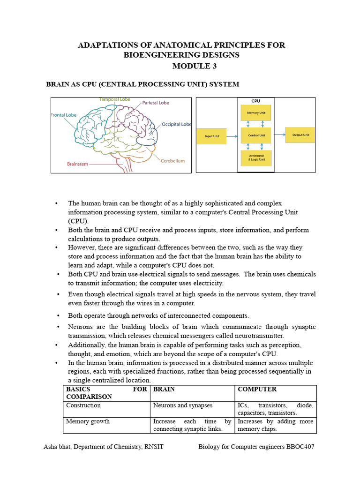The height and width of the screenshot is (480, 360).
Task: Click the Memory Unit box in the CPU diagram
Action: coord(256,113)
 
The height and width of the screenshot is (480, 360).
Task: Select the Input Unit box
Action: coord(211,136)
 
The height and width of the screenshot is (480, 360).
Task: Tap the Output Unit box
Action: coord(300,135)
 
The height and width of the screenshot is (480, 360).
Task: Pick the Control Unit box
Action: coord(256,135)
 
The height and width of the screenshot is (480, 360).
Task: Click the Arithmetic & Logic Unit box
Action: coord(256,158)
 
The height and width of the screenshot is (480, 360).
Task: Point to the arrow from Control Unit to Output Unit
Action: coord(278,135)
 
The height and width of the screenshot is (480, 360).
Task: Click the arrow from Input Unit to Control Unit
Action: coord(233,136)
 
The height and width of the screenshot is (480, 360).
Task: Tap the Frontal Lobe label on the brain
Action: coord(64,114)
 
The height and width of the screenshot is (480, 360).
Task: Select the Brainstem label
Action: coord(77,164)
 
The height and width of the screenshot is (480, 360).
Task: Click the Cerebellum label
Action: coord(172,161)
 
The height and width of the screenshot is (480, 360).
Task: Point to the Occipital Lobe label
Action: coord(176,124)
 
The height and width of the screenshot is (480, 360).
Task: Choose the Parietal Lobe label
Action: coord(156,103)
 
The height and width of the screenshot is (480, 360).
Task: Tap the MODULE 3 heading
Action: coord(195,66)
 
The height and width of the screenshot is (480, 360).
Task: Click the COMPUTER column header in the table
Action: coord(257,389)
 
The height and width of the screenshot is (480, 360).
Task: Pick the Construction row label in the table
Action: coord(83,405)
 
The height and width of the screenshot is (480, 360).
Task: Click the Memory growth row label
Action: coord(88,421)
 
